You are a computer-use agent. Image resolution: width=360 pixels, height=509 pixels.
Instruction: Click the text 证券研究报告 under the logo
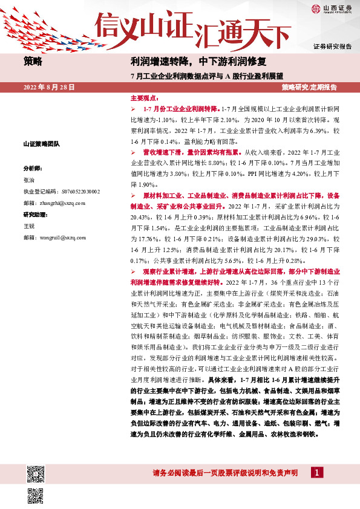(332, 47)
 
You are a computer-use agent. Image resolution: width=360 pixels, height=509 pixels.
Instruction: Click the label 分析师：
(33, 169)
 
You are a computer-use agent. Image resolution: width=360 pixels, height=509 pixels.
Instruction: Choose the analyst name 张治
(29, 180)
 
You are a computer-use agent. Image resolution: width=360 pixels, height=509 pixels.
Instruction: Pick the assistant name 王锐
(29, 226)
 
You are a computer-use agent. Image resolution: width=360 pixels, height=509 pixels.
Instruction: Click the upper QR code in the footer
(35, 472)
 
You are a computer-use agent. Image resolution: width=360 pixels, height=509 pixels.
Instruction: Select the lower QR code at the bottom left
(35, 494)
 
